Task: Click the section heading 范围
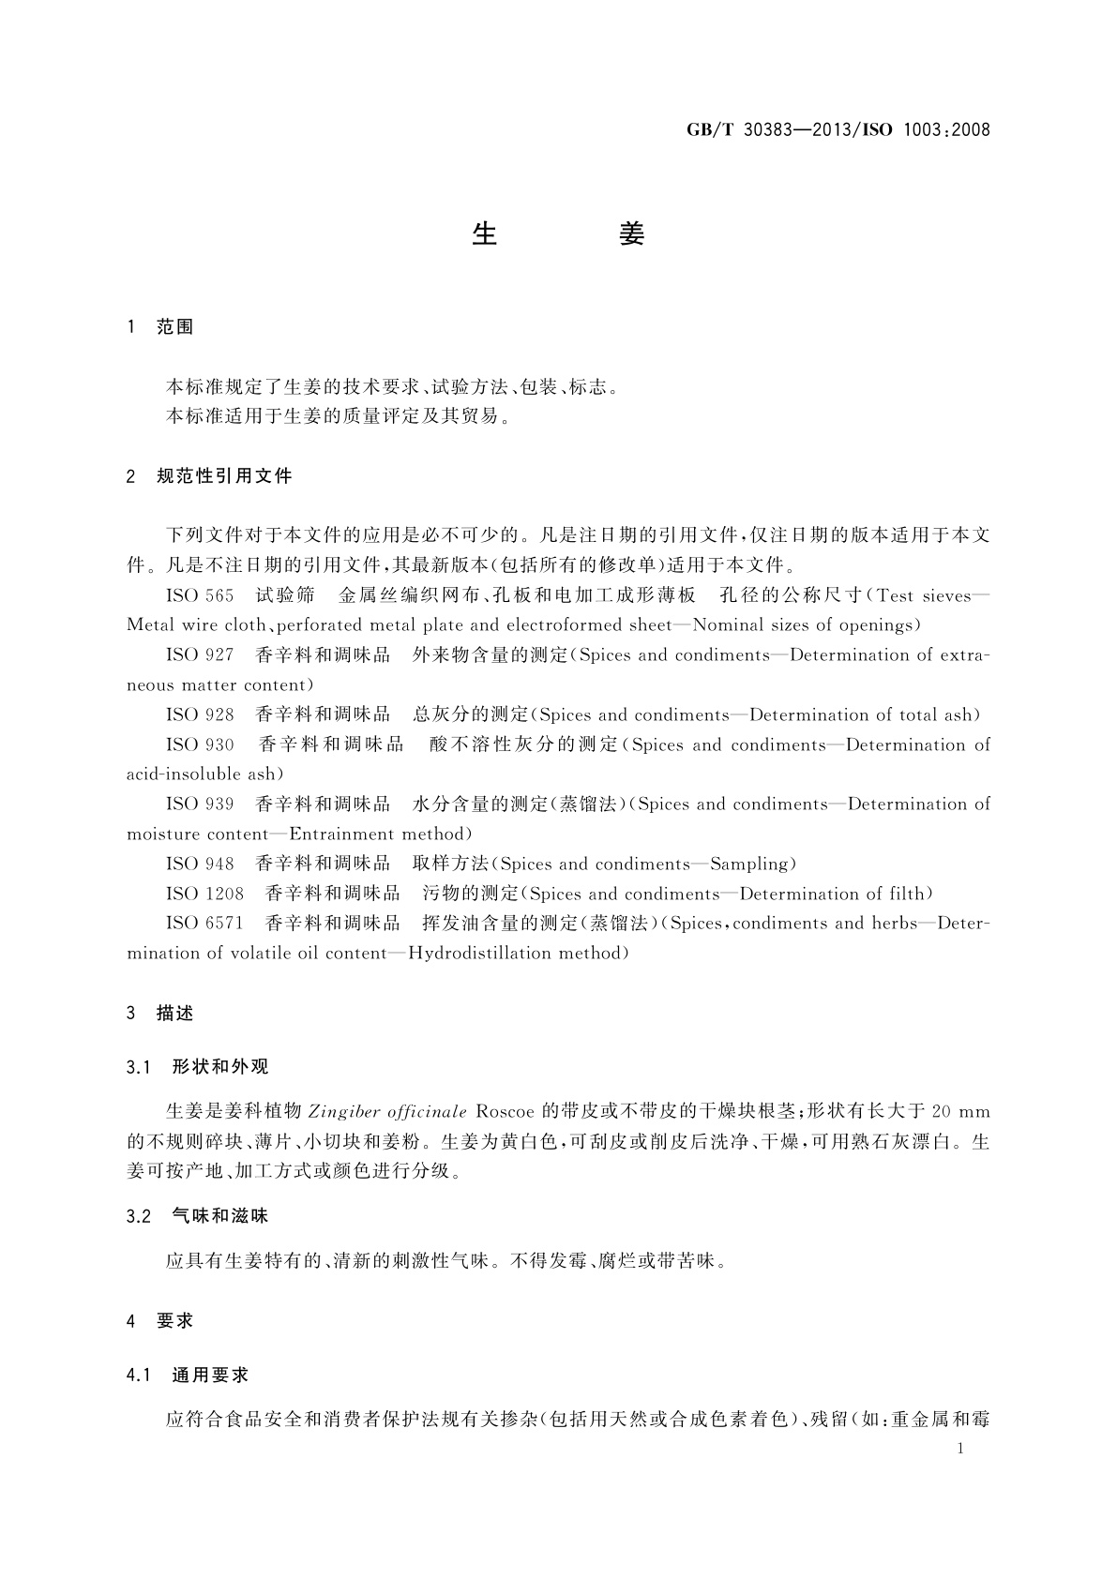pyautogui.click(x=174, y=327)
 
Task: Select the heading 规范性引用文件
pyautogui.click(x=224, y=476)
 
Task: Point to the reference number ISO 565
pyautogui.click(x=200, y=595)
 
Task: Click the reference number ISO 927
pyautogui.click(x=200, y=655)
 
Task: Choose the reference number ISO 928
pyautogui.click(x=200, y=715)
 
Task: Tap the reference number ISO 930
pyautogui.click(x=200, y=745)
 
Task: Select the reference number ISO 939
pyautogui.click(x=200, y=805)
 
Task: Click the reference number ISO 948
pyautogui.click(x=200, y=865)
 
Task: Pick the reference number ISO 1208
pyautogui.click(x=204, y=895)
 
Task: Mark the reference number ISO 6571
pyautogui.click(x=204, y=924)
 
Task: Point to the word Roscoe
pyautogui.click(x=505, y=1112)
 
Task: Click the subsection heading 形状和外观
pyautogui.click(x=220, y=1067)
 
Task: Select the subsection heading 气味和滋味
pyautogui.click(x=220, y=1216)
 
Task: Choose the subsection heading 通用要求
pyautogui.click(x=211, y=1376)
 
